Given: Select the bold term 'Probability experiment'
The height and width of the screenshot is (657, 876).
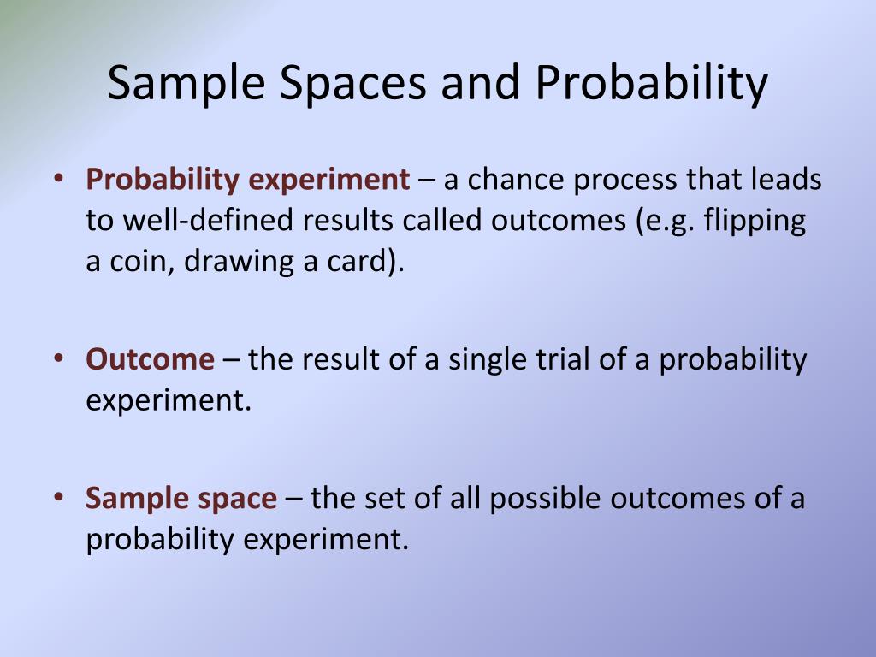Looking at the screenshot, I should coord(247,181).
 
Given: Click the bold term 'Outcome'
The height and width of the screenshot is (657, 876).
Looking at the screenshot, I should coord(150,359).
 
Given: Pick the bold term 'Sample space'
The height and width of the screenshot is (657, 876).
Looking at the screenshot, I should coord(181,498).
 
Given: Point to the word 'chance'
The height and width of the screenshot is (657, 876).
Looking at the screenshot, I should coord(517,181).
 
